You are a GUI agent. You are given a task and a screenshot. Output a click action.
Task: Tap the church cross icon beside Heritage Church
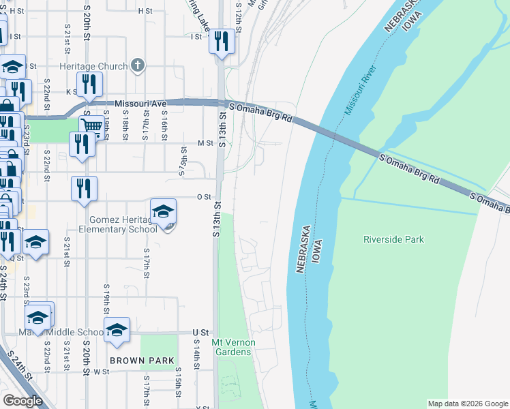(x=138, y=66)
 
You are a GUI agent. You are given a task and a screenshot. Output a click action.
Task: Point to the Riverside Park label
(x=393, y=239)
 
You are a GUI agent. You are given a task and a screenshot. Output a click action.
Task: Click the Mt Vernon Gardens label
(x=232, y=347)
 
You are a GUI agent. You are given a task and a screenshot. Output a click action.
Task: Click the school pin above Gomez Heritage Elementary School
(x=164, y=211)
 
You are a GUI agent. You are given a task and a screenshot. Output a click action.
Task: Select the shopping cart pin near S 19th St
(x=91, y=126)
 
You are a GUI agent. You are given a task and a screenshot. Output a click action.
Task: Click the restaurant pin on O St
(x=84, y=189)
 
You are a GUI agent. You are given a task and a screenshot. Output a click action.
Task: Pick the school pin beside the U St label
(x=117, y=329)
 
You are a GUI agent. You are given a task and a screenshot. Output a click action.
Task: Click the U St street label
(x=200, y=332)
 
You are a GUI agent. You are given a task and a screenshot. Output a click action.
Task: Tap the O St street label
(x=202, y=196)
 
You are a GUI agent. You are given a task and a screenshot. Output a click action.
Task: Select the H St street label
(x=145, y=11)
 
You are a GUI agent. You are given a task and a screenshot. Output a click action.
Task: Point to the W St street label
(x=102, y=372)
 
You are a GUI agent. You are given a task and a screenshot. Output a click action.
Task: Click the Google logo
(x=22, y=401)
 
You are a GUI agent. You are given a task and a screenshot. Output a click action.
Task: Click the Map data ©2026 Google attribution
(x=468, y=404)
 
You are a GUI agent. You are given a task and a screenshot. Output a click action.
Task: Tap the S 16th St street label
(x=165, y=126)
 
